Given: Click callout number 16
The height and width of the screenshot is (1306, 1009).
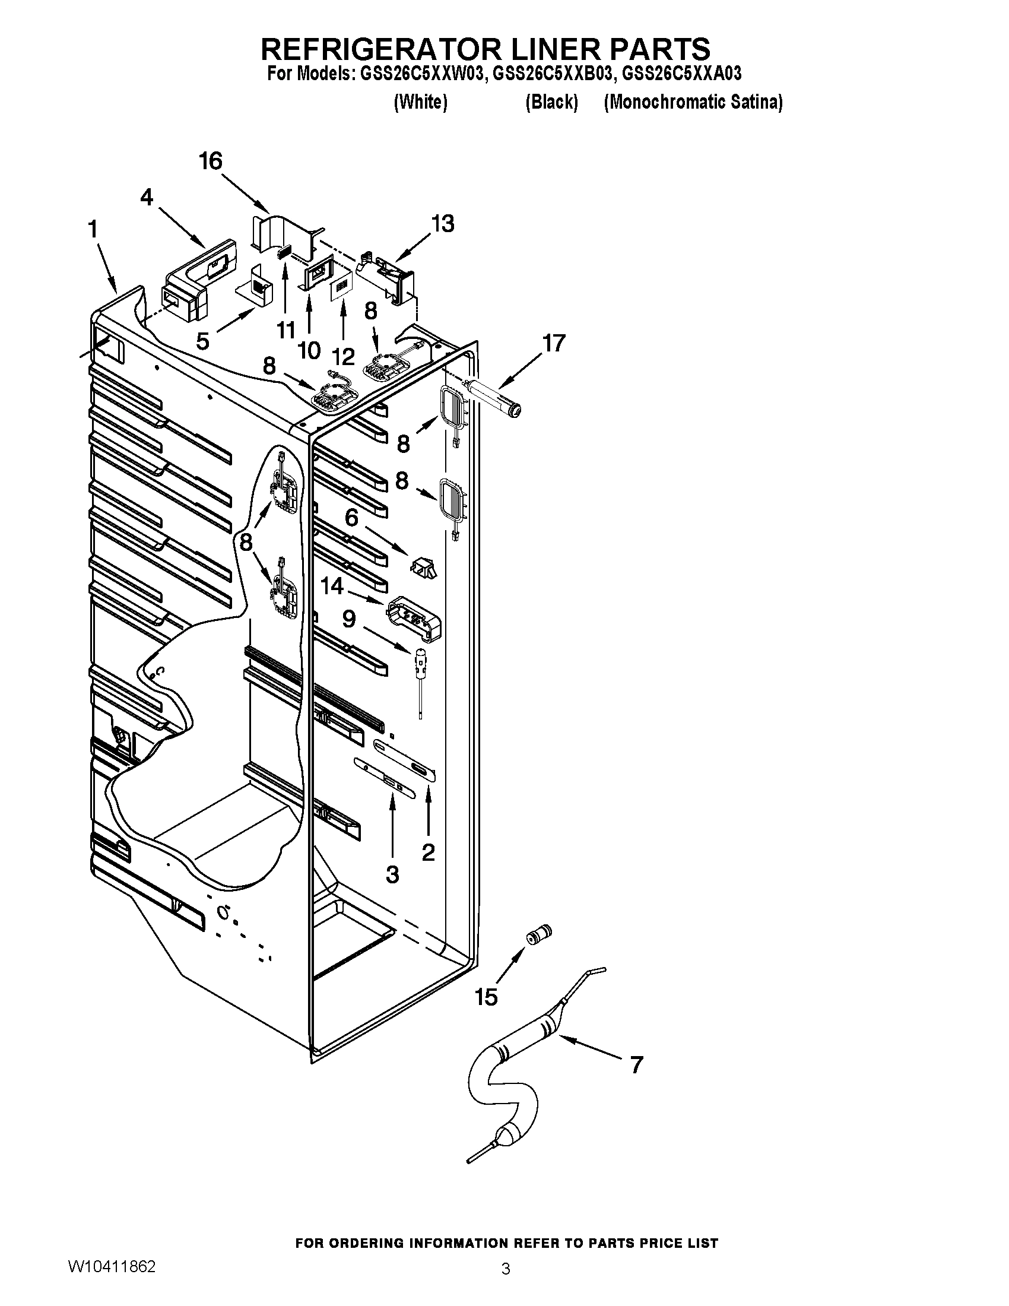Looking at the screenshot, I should click(x=211, y=161).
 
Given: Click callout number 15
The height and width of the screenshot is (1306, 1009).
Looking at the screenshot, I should click(x=486, y=997).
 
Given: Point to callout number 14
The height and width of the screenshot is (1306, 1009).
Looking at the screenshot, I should click(x=332, y=586).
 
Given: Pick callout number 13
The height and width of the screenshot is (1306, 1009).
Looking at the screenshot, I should click(x=443, y=224).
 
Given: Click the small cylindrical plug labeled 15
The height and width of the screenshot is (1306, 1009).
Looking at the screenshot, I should click(x=538, y=934).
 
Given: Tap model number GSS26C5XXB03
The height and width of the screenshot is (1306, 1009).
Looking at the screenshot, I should click(x=553, y=74).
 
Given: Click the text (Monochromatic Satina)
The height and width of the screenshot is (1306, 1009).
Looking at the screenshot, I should click(x=693, y=103).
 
